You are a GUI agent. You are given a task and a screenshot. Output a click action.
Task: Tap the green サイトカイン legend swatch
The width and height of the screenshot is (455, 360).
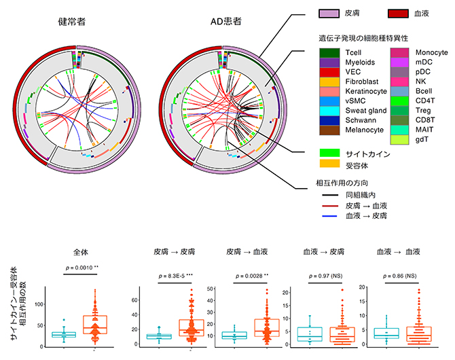click(x=327, y=154)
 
